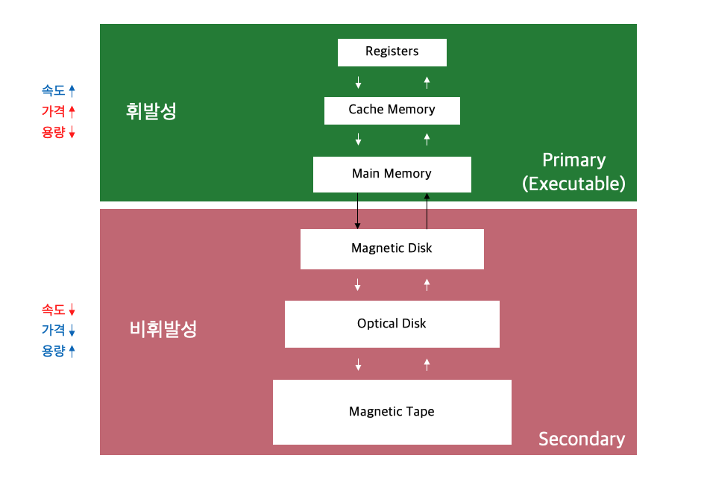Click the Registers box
click(392, 52)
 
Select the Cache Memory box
click(392, 110)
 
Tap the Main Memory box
click(392, 174)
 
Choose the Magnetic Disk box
click(392, 248)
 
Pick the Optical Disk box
click(392, 324)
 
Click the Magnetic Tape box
click(392, 412)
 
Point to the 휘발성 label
click(151, 112)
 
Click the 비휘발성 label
click(163, 329)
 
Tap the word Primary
click(573, 160)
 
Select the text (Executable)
click(573, 184)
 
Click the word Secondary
click(582, 438)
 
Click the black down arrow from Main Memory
click(358, 210)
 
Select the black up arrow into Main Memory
click(427, 210)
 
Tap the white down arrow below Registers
click(359, 81)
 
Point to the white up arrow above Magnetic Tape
click(427, 364)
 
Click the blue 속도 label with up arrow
click(59, 91)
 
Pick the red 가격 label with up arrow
click(59, 112)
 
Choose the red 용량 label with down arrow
click(59, 133)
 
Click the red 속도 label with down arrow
click(59, 310)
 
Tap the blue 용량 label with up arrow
click(59, 351)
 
